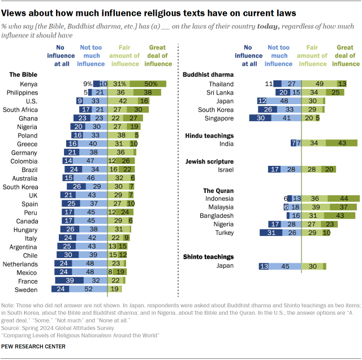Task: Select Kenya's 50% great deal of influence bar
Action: [x=148, y=83]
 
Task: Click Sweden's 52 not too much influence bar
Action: [x=87, y=289]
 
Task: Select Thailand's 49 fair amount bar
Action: [x=319, y=83]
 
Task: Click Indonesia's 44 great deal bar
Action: [x=344, y=199]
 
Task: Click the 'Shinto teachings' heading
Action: [x=208, y=256]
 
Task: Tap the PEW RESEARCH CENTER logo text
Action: [x=33, y=346]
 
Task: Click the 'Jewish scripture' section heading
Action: [x=206, y=161]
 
